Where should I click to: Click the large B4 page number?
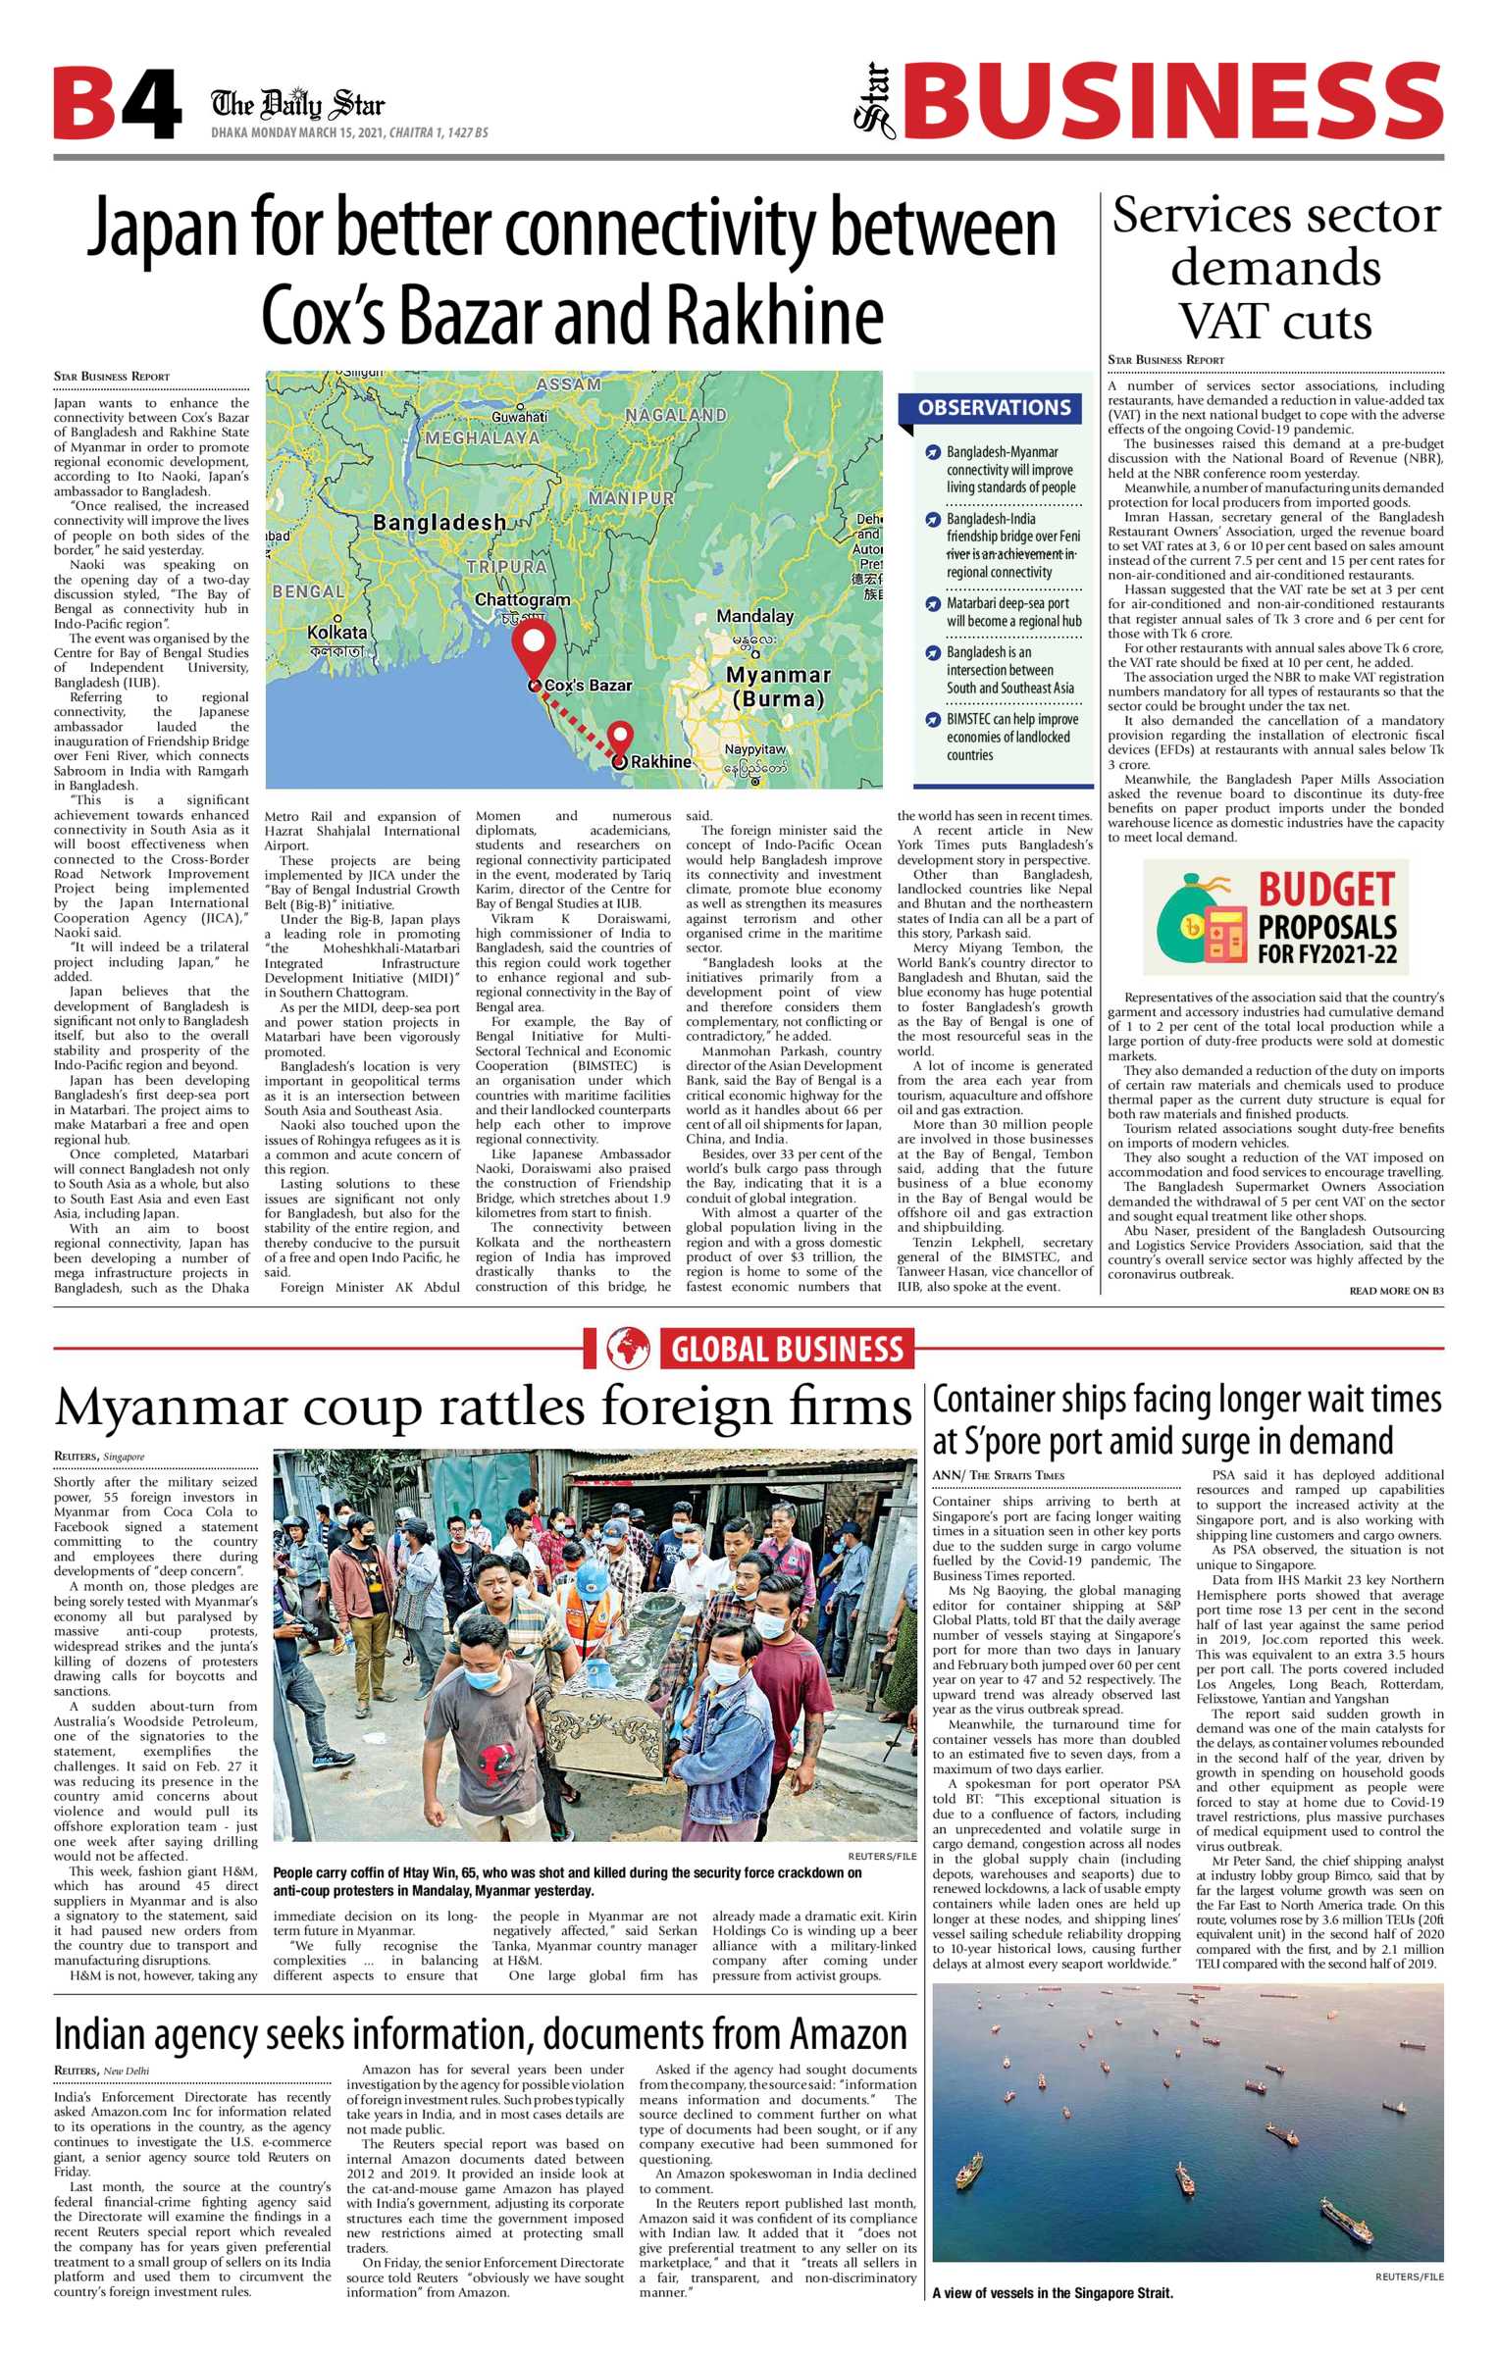(117, 104)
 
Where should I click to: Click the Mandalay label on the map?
(754, 616)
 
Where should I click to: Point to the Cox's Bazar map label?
(588, 685)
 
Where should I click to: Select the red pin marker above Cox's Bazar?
(535, 643)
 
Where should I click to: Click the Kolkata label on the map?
(336, 633)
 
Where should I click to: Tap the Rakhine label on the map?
(660, 761)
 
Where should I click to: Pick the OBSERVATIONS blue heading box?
(994, 407)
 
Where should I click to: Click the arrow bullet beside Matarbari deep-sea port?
(933, 603)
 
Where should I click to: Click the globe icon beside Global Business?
(627, 1349)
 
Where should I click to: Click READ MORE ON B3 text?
(1395, 1291)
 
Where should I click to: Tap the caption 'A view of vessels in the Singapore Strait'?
(1052, 2293)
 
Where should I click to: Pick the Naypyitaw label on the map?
(754, 749)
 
